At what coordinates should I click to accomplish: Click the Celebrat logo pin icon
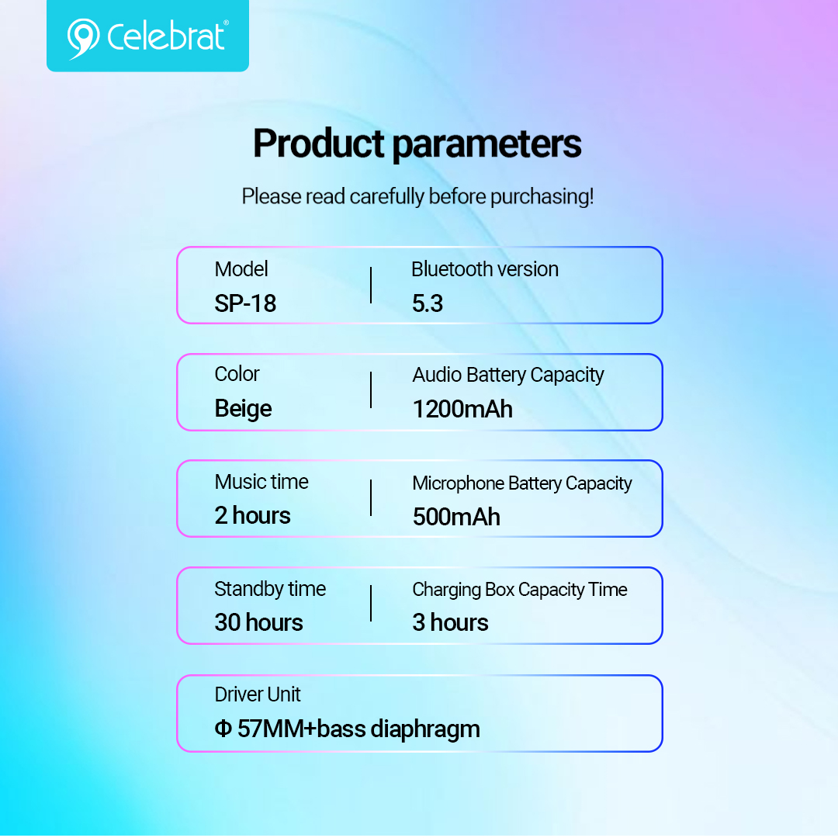83,38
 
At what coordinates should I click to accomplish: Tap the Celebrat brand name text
168,36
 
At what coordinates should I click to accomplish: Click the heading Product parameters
417,144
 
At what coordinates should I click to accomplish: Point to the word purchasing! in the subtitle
542,197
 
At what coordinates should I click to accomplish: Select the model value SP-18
245,303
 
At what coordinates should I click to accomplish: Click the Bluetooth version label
485,269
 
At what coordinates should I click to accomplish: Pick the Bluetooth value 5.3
428,303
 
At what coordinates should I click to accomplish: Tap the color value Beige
243,409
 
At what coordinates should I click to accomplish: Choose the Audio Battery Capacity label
508,376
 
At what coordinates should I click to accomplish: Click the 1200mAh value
462,410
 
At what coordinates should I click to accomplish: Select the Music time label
261,482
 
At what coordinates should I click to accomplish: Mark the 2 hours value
253,516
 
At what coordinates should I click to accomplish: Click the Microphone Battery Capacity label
522,483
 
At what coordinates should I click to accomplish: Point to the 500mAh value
456,518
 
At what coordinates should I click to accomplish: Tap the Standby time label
270,589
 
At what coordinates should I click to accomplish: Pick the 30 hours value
258,622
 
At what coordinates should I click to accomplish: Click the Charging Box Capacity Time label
520,590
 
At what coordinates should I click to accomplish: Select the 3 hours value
451,622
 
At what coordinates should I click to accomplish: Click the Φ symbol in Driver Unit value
223,729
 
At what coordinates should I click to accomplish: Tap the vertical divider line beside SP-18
371,286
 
